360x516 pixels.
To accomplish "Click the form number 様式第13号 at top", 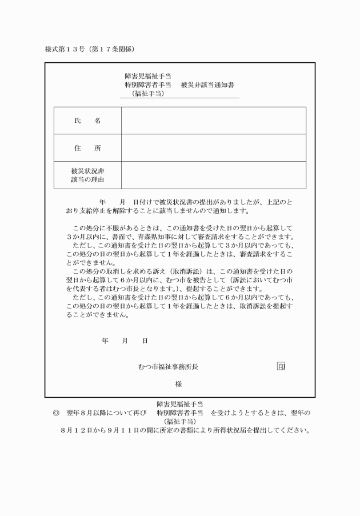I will (x=63, y=49).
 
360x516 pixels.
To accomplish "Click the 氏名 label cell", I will (x=87, y=121).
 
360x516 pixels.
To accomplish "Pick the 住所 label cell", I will (x=87, y=148).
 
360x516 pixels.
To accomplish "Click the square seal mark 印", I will (x=281, y=366).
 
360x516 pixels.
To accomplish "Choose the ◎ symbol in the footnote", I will (x=55, y=413).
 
